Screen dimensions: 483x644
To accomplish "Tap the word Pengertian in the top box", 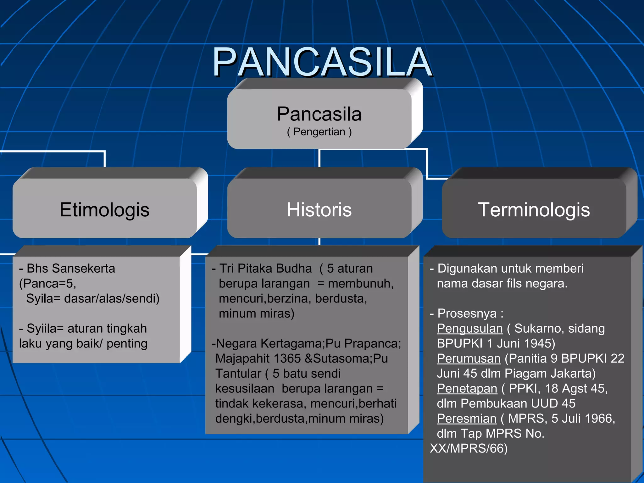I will click(x=319, y=132).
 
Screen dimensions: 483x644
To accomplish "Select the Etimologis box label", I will click(x=104, y=210).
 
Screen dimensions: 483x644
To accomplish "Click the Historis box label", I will click(x=319, y=210).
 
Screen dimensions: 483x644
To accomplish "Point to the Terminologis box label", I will click(x=534, y=210).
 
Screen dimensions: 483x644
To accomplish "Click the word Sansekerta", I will click(x=83, y=269).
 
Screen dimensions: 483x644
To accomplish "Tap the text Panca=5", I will click(x=48, y=284).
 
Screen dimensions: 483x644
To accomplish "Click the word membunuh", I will click(x=360, y=284).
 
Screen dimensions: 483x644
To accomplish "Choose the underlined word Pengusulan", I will click(x=469, y=329).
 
